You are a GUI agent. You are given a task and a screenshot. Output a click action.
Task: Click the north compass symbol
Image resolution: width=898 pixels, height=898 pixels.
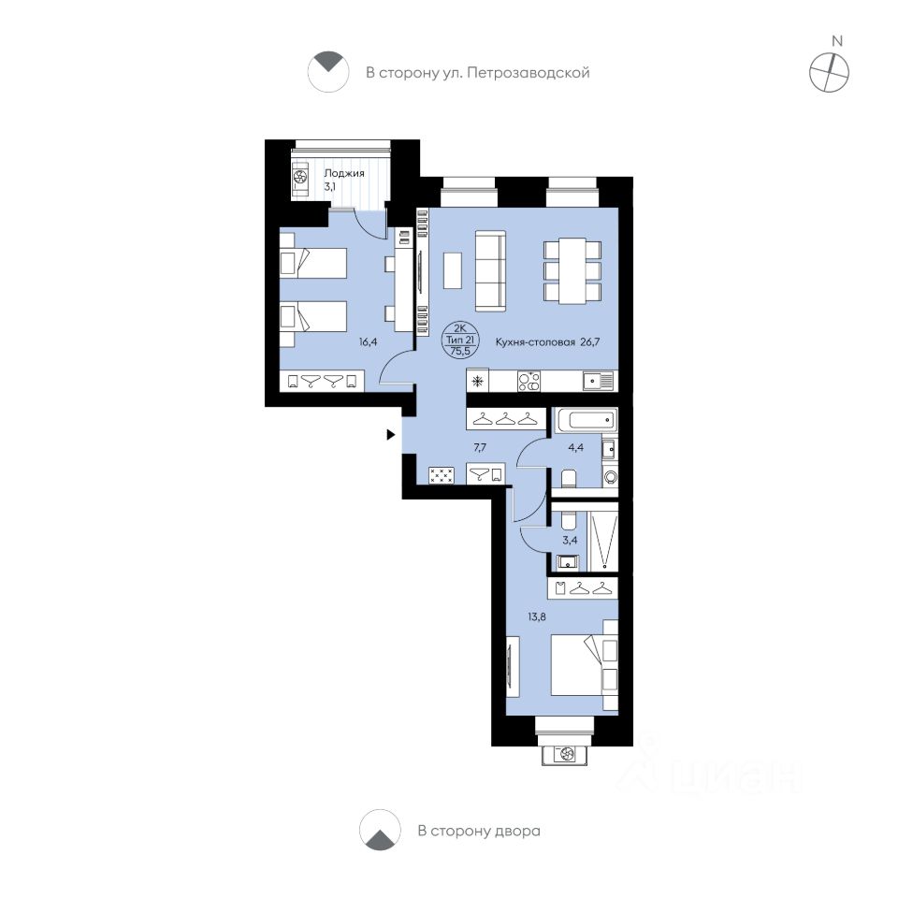(829, 70)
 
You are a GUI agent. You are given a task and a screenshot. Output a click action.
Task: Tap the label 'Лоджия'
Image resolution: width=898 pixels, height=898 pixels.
(343, 173)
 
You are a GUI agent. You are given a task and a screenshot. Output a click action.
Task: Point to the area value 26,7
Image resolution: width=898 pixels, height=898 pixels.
(597, 343)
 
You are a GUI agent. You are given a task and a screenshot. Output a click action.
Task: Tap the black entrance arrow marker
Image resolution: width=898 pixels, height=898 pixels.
(390, 434)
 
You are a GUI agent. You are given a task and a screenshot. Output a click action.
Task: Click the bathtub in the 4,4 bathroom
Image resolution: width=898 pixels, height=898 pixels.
(584, 422)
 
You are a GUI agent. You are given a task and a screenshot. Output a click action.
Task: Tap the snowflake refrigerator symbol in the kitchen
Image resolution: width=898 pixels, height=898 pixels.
(477, 381)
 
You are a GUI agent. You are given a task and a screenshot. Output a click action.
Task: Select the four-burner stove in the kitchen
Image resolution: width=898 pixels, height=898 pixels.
(529, 381)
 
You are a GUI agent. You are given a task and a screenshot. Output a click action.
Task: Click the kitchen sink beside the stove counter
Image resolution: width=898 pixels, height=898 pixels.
(597, 381)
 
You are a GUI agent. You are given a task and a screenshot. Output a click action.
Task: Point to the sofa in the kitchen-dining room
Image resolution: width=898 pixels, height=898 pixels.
(489, 270)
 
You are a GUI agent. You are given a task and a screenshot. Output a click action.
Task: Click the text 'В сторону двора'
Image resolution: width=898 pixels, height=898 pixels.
(479, 831)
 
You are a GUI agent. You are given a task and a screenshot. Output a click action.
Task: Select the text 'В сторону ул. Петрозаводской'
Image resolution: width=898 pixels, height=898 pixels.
(477, 72)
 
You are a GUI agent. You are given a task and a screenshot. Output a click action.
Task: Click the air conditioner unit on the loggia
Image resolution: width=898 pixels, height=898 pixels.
(300, 178)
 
